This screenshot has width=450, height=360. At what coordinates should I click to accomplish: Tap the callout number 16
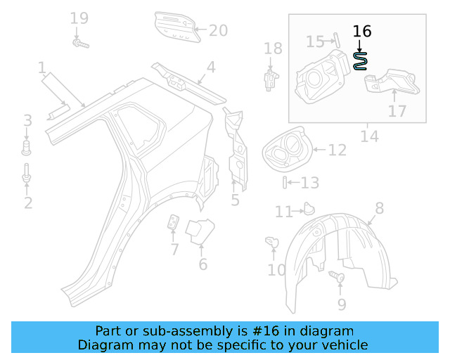(361, 32)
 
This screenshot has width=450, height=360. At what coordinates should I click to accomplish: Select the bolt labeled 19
(79, 44)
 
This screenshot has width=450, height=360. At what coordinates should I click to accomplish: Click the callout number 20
(218, 30)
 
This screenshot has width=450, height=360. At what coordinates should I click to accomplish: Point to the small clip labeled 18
(269, 78)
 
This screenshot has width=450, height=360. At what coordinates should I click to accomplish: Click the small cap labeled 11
(307, 207)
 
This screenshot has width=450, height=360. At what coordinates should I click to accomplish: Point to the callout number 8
(379, 207)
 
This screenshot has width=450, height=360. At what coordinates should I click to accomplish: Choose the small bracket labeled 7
(173, 224)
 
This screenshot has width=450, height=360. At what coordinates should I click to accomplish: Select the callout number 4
(210, 68)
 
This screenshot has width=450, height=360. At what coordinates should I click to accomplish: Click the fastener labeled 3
(27, 147)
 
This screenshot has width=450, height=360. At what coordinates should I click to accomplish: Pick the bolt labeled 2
(27, 176)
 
